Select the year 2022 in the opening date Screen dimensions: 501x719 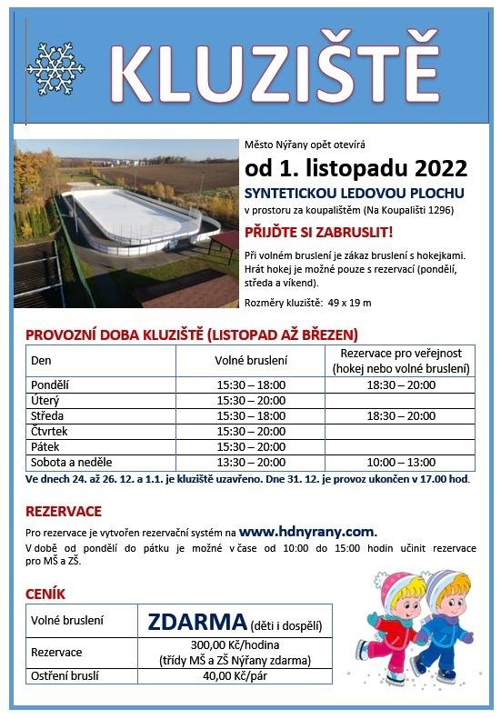point(441,169)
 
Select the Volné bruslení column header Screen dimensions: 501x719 point(251,361)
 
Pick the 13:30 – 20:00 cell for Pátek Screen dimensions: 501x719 point(251,446)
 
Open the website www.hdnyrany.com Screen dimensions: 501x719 point(307,531)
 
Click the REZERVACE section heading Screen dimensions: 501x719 point(64,511)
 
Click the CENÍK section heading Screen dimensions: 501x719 point(45,594)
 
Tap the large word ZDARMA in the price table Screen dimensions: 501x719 point(196,623)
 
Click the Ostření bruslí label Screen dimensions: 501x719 point(65,675)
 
